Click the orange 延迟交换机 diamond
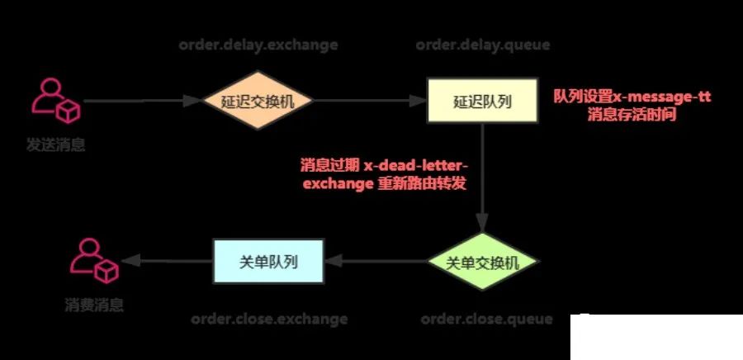click(x=260, y=102)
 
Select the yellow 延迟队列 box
click(x=483, y=102)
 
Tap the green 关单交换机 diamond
click(x=483, y=263)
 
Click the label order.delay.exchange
click(x=258, y=45)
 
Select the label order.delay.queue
click(x=483, y=45)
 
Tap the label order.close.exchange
click(x=269, y=319)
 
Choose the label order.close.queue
click(x=483, y=319)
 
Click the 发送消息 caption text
click(x=55, y=145)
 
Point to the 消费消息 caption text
click(x=94, y=306)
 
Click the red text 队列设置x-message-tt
click(x=632, y=97)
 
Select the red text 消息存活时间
click(x=632, y=116)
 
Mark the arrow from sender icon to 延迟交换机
click(x=144, y=102)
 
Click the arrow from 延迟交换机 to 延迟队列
click(x=369, y=102)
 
